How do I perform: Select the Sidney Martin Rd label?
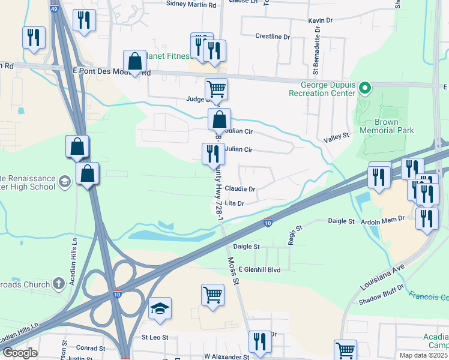[x=190, y=5]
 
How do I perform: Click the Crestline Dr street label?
[x=273, y=37]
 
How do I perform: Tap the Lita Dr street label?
[x=234, y=204]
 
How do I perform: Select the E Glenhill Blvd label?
[x=259, y=271]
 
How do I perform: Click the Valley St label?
[x=337, y=137]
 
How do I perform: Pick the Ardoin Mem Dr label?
[x=386, y=221]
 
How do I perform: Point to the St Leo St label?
[x=154, y=338]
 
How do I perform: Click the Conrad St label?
[x=91, y=348]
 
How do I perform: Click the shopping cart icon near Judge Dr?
[x=216, y=89]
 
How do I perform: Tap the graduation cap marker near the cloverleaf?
[x=160, y=308]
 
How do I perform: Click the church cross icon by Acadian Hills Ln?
[x=58, y=283]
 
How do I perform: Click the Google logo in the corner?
[x=20, y=353]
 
